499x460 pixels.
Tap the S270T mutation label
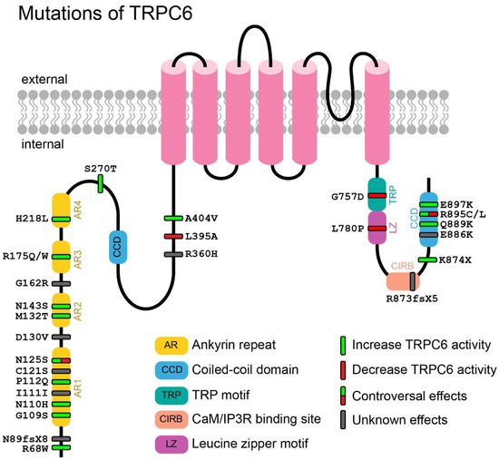101,168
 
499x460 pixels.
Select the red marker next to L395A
173,236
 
